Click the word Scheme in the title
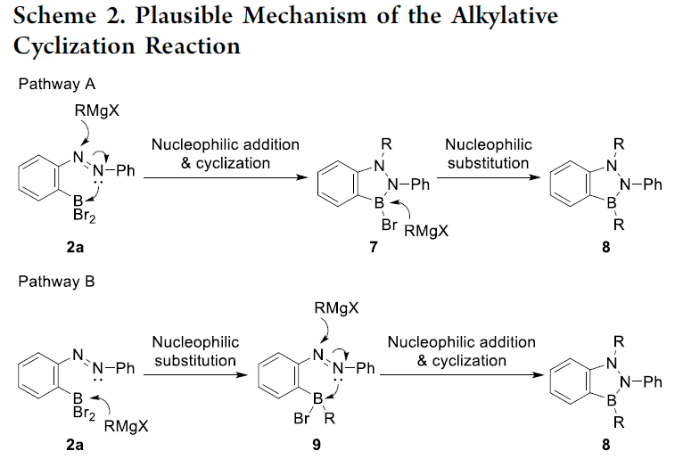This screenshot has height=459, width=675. coord(55,16)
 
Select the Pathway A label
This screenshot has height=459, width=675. coord(57,84)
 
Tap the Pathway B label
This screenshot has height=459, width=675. coord(56,282)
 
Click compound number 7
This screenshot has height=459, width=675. coord(374,247)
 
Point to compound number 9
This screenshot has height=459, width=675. coord(317,445)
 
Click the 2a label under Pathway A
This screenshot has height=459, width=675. coord(75,247)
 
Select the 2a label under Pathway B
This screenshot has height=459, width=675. coord(75,445)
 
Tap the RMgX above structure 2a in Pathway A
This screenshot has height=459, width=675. coord(97,111)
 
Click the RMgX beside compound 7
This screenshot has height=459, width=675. coord(426,231)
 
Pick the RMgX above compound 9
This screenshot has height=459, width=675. coord(336,308)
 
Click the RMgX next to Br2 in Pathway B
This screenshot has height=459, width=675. coord(126,426)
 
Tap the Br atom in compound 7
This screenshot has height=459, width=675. coord(389,225)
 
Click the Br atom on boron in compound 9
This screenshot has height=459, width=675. coord(301,418)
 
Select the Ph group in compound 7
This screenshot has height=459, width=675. coord(420,184)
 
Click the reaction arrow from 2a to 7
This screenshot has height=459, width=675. coord(226,177)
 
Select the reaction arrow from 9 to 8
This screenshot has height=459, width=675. coord(462,374)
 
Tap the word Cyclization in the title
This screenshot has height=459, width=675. coord(74,46)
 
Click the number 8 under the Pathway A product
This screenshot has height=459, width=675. coord(605,247)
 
